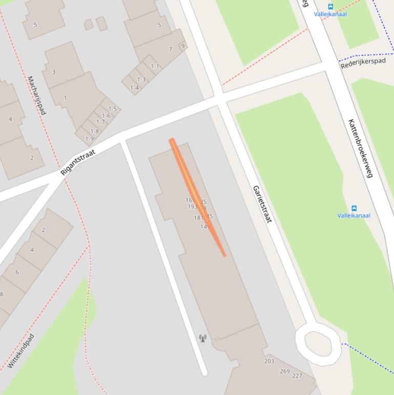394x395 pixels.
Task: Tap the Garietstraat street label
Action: [261, 204]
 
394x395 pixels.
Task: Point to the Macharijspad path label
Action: [36, 95]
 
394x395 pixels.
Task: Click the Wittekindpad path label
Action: [21, 351]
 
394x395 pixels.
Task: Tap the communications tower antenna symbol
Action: [202, 338]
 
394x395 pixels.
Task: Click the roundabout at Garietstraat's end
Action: [318, 342]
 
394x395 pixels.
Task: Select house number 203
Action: [269, 361]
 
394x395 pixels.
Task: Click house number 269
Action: [284, 371]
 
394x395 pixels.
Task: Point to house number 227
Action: [297, 376]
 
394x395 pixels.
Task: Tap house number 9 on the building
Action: [182, 46]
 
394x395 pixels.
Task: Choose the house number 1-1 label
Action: [155, 66]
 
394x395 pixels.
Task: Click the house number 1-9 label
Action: [90, 139]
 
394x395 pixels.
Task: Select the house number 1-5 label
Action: [112, 109]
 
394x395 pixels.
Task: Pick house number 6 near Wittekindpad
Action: [17, 272]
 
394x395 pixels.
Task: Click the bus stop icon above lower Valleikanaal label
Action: [354, 208]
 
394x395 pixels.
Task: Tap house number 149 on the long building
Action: [205, 226]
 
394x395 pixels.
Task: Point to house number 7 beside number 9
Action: [171, 49]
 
